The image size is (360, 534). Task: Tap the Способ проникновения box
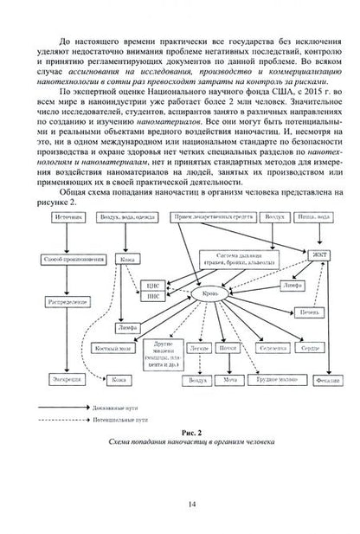tap(57, 258)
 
